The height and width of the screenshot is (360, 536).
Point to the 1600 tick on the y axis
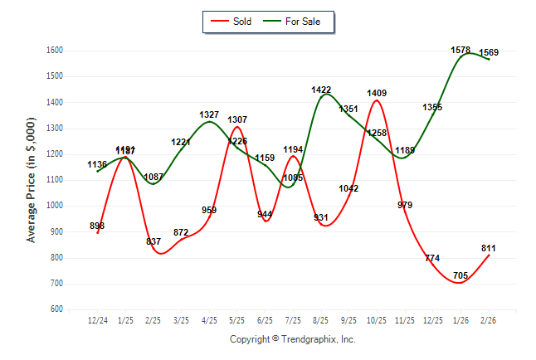tap(56, 51)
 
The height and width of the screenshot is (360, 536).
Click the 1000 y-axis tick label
tap(56, 206)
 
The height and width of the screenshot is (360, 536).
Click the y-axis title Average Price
tap(32, 179)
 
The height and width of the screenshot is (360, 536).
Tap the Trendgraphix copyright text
tap(292, 339)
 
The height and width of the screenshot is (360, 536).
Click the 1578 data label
tap(460, 51)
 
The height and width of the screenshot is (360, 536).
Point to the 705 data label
tap(460, 275)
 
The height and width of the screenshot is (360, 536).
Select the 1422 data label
tap(321, 90)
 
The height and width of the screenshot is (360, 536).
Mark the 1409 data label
tap(377, 93)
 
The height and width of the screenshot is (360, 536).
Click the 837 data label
tap(153, 241)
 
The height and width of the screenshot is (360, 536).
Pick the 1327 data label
tap(209, 114)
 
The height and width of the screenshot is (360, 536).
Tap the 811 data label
tap(489, 248)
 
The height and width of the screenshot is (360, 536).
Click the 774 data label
tap(432, 258)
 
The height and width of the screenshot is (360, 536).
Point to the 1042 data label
tap(348, 188)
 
